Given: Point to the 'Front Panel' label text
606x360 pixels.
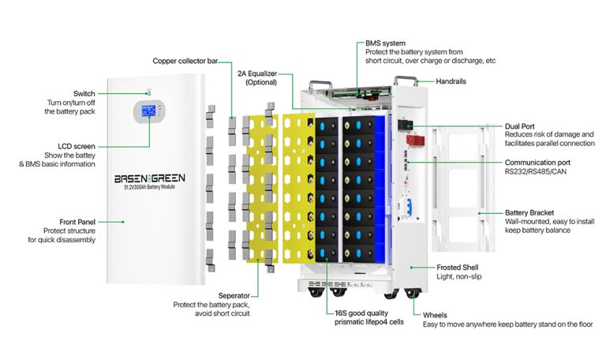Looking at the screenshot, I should (77, 222).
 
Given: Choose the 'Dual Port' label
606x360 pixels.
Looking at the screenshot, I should (522, 126).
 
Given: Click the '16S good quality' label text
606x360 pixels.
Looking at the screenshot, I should (365, 313).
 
